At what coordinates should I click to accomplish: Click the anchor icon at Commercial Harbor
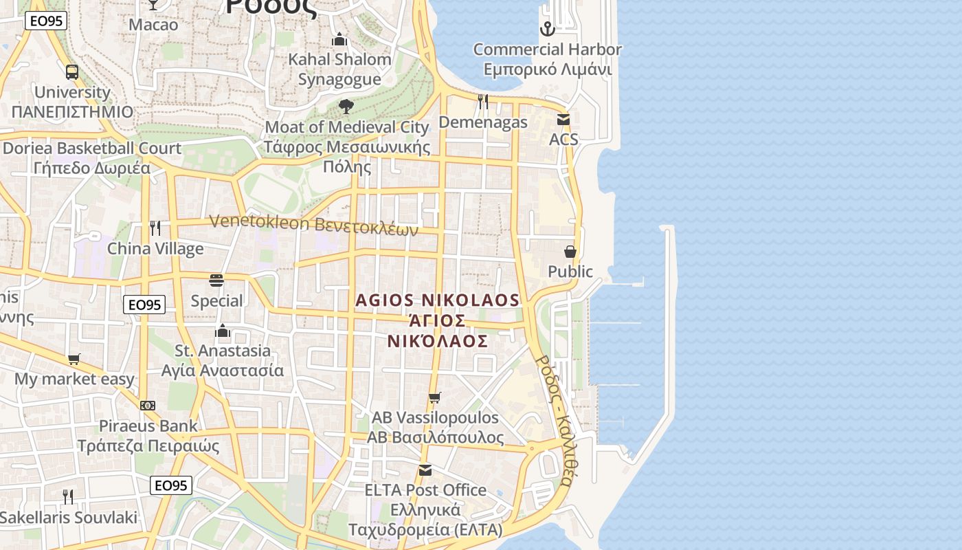click(x=547, y=29)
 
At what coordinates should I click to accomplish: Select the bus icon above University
click(x=72, y=71)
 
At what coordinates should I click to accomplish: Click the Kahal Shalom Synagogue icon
click(x=339, y=40)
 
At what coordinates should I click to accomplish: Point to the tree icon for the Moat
click(x=346, y=107)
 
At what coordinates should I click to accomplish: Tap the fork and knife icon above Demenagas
click(x=483, y=102)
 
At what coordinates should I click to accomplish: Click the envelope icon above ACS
click(x=563, y=120)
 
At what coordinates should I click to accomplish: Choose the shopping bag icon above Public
click(x=570, y=252)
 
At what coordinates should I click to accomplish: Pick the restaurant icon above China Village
click(x=155, y=228)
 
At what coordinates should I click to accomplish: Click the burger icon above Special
click(x=216, y=280)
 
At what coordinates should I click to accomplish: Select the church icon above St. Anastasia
click(x=222, y=331)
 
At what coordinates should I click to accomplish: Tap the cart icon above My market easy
click(x=74, y=359)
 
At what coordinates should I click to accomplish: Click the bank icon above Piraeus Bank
click(x=148, y=406)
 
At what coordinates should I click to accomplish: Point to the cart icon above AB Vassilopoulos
click(x=434, y=397)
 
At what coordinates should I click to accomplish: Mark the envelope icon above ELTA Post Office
click(x=425, y=470)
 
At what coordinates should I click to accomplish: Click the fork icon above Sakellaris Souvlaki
click(x=68, y=496)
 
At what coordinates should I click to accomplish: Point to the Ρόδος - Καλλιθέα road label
click(x=554, y=421)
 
